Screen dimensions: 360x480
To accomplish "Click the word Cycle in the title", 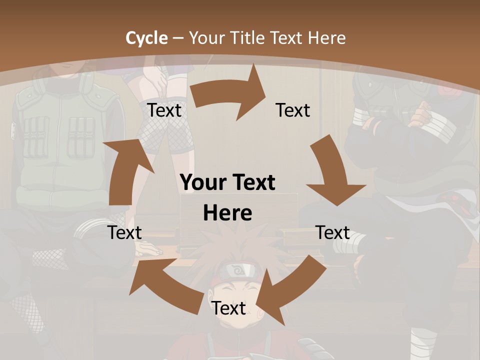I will (146, 38).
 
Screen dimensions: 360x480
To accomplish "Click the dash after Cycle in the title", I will (177, 38).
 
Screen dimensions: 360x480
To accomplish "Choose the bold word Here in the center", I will (227, 213).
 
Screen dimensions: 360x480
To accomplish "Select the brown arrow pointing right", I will (230, 95).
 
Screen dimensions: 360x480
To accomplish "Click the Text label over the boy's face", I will (228, 308).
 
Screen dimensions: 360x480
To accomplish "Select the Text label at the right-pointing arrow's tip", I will (292, 110).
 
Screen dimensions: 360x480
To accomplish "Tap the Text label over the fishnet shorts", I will (164, 110).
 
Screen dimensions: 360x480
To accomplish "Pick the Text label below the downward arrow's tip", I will (332, 232).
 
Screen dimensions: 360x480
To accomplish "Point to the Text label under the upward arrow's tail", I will (124, 232).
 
